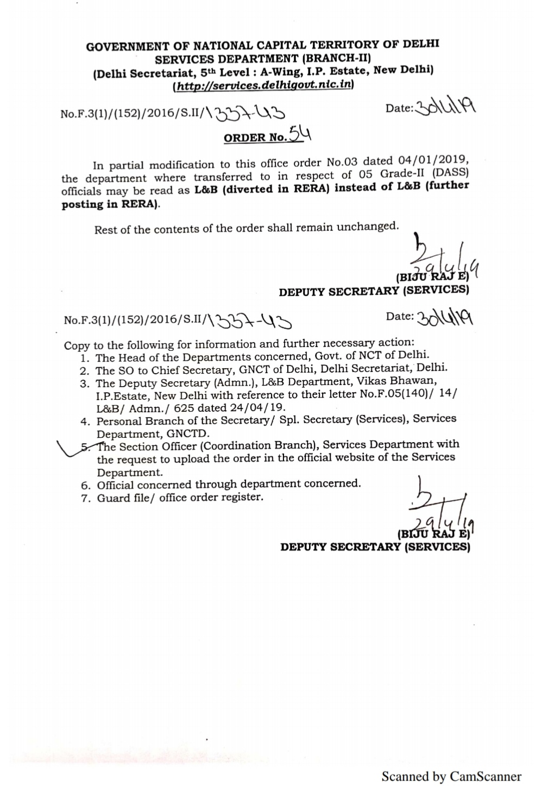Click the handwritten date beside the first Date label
pos(444,108)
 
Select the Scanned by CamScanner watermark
pos(451,776)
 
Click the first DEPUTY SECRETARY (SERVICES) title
pos(374,291)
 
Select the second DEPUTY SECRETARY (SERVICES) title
pos(375,546)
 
